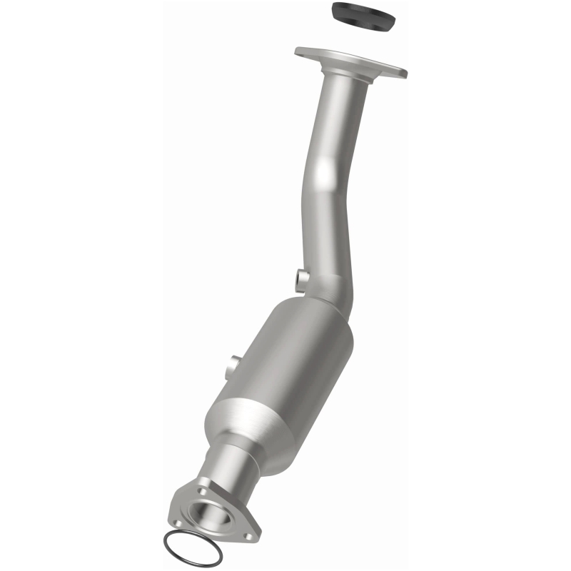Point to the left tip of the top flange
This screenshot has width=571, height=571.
pos(298,52)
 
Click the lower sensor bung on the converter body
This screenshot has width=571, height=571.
pos(230,368)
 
